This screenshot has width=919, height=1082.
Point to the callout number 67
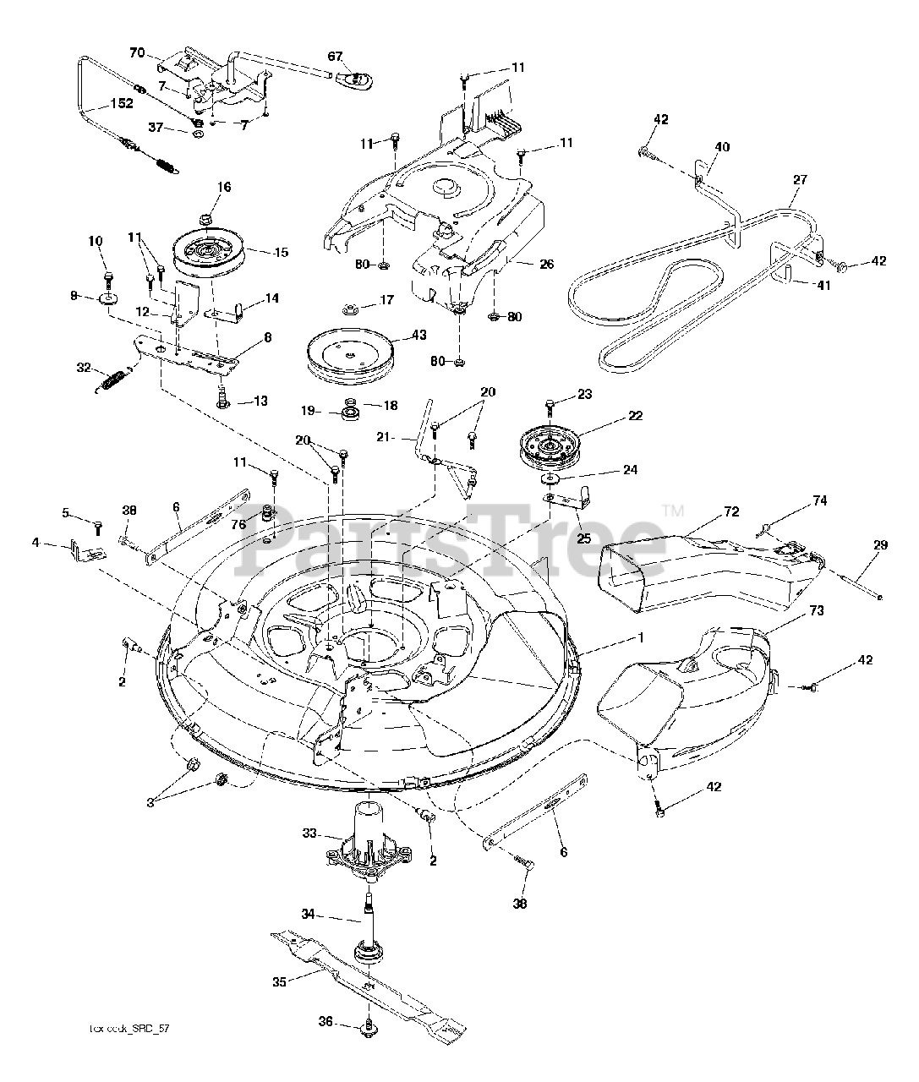click(336, 57)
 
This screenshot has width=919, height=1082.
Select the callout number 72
click(731, 511)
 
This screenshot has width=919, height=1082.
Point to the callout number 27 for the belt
click(800, 180)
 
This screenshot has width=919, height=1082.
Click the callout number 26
click(546, 264)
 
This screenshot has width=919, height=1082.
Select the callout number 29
click(880, 545)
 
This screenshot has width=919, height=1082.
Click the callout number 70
click(137, 52)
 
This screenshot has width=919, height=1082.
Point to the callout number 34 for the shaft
click(309, 913)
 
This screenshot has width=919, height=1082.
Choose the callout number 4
click(36, 543)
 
